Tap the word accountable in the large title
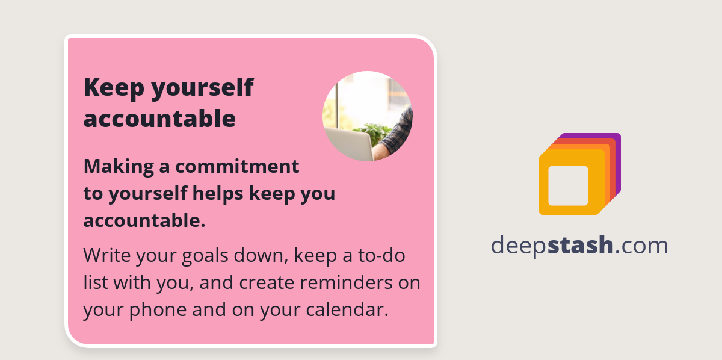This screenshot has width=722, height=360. (159, 119)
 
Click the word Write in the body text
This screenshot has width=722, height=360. (106, 255)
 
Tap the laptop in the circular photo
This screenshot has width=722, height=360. (352, 145)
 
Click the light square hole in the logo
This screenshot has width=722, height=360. (568, 185)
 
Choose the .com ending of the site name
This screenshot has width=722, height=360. (641, 246)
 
